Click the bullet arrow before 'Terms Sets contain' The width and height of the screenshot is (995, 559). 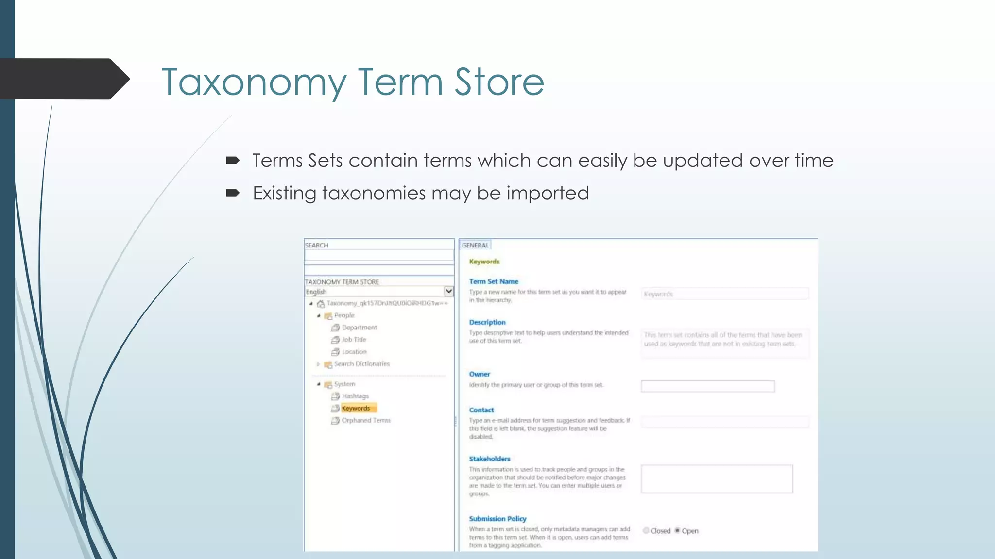[x=233, y=160]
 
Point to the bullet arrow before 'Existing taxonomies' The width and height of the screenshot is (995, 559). [x=233, y=193]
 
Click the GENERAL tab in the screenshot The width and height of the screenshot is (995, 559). [x=475, y=245]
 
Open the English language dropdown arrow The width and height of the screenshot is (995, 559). [x=449, y=291]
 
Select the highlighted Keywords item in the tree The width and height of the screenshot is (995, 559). [x=356, y=408]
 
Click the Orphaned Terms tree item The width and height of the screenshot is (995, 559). [x=366, y=420]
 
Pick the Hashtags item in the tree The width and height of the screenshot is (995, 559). [x=355, y=396]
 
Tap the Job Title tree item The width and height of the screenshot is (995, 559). [x=354, y=340]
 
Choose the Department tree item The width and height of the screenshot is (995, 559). [x=359, y=328]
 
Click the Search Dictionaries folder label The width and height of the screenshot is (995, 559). [x=362, y=364]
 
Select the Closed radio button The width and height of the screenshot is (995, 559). [x=646, y=530]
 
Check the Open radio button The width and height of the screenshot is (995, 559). [x=677, y=530]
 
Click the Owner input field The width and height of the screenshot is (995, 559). [x=707, y=386]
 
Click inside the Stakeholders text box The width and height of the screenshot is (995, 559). [x=717, y=479]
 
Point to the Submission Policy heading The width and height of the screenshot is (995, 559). [x=497, y=519]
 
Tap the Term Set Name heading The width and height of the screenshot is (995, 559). [x=494, y=281]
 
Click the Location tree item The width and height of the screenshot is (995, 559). [x=354, y=352]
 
